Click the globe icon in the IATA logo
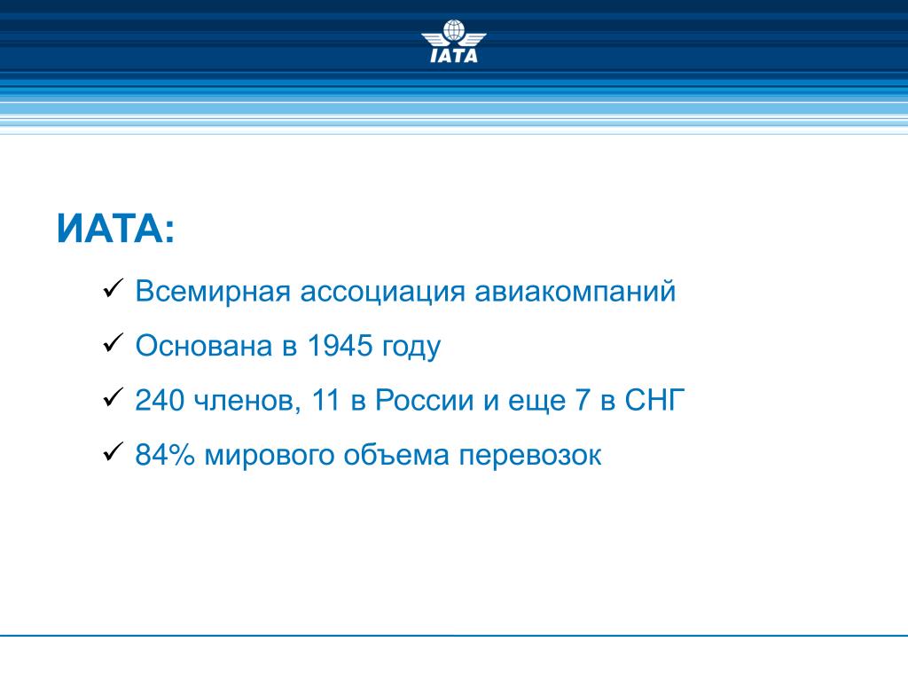pyautogui.click(x=454, y=30)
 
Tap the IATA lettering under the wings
pyautogui.click(x=455, y=55)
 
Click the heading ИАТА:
pyautogui.click(x=116, y=229)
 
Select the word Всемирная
pyautogui.click(x=213, y=291)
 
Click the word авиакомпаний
pyautogui.click(x=575, y=291)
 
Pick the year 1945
pyautogui.click(x=340, y=346)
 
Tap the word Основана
pyautogui.click(x=204, y=346)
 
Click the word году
pyautogui.click(x=411, y=348)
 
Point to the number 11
pyautogui.click(x=325, y=400)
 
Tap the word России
pyautogui.click(x=425, y=400)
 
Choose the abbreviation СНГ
pyautogui.click(x=654, y=400)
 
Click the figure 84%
pyautogui.click(x=165, y=455)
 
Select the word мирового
pyautogui.click(x=270, y=457)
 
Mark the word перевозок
pyautogui.click(x=530, y=457)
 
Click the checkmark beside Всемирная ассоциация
pyautogui.click(x=113, y=288)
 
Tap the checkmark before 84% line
pyautogui.click(x=113, y=451)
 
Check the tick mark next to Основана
pyautogui.click(x=113, y=343)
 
